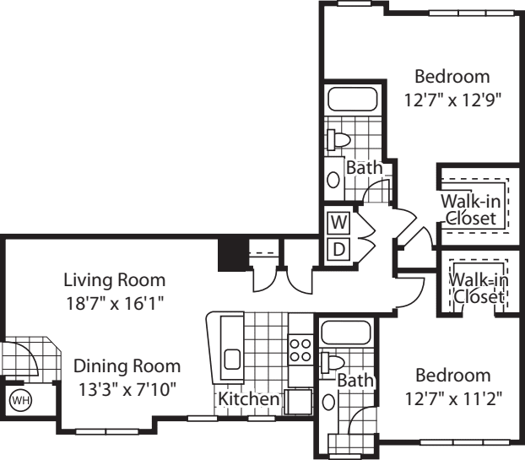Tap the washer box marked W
click(338, 223)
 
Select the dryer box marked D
click(338, 249)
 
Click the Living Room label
click(115, 279)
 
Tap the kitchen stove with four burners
click(299, 349)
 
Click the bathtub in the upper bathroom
click(353, 100)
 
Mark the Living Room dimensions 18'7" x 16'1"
click(115, 301)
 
